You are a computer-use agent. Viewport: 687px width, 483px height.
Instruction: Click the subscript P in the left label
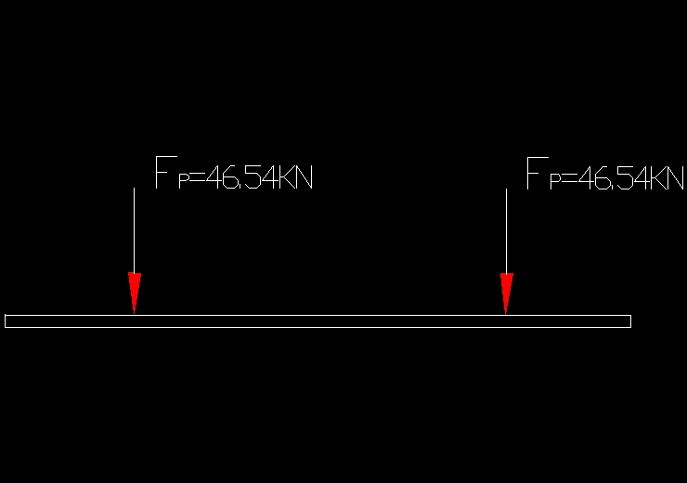[x=183, y=180]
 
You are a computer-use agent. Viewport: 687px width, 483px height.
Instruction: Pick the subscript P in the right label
[x=555, y=180]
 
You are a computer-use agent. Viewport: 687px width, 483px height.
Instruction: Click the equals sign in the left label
[x=196, y=177]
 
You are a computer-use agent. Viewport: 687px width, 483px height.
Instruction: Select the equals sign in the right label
[x=568, y=177]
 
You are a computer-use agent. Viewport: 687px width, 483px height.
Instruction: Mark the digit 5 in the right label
[x=617, y=176]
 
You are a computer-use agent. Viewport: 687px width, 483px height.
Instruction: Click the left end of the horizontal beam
[x=6, y=321]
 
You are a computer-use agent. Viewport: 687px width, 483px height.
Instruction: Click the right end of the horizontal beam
[x=629, y=321]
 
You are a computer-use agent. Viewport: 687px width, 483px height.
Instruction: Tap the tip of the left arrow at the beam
[x=135, y=313]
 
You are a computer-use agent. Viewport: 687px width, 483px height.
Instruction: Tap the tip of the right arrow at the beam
[x=506, y=313]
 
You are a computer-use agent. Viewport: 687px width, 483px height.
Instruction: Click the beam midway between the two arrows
[x=320, y=321]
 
